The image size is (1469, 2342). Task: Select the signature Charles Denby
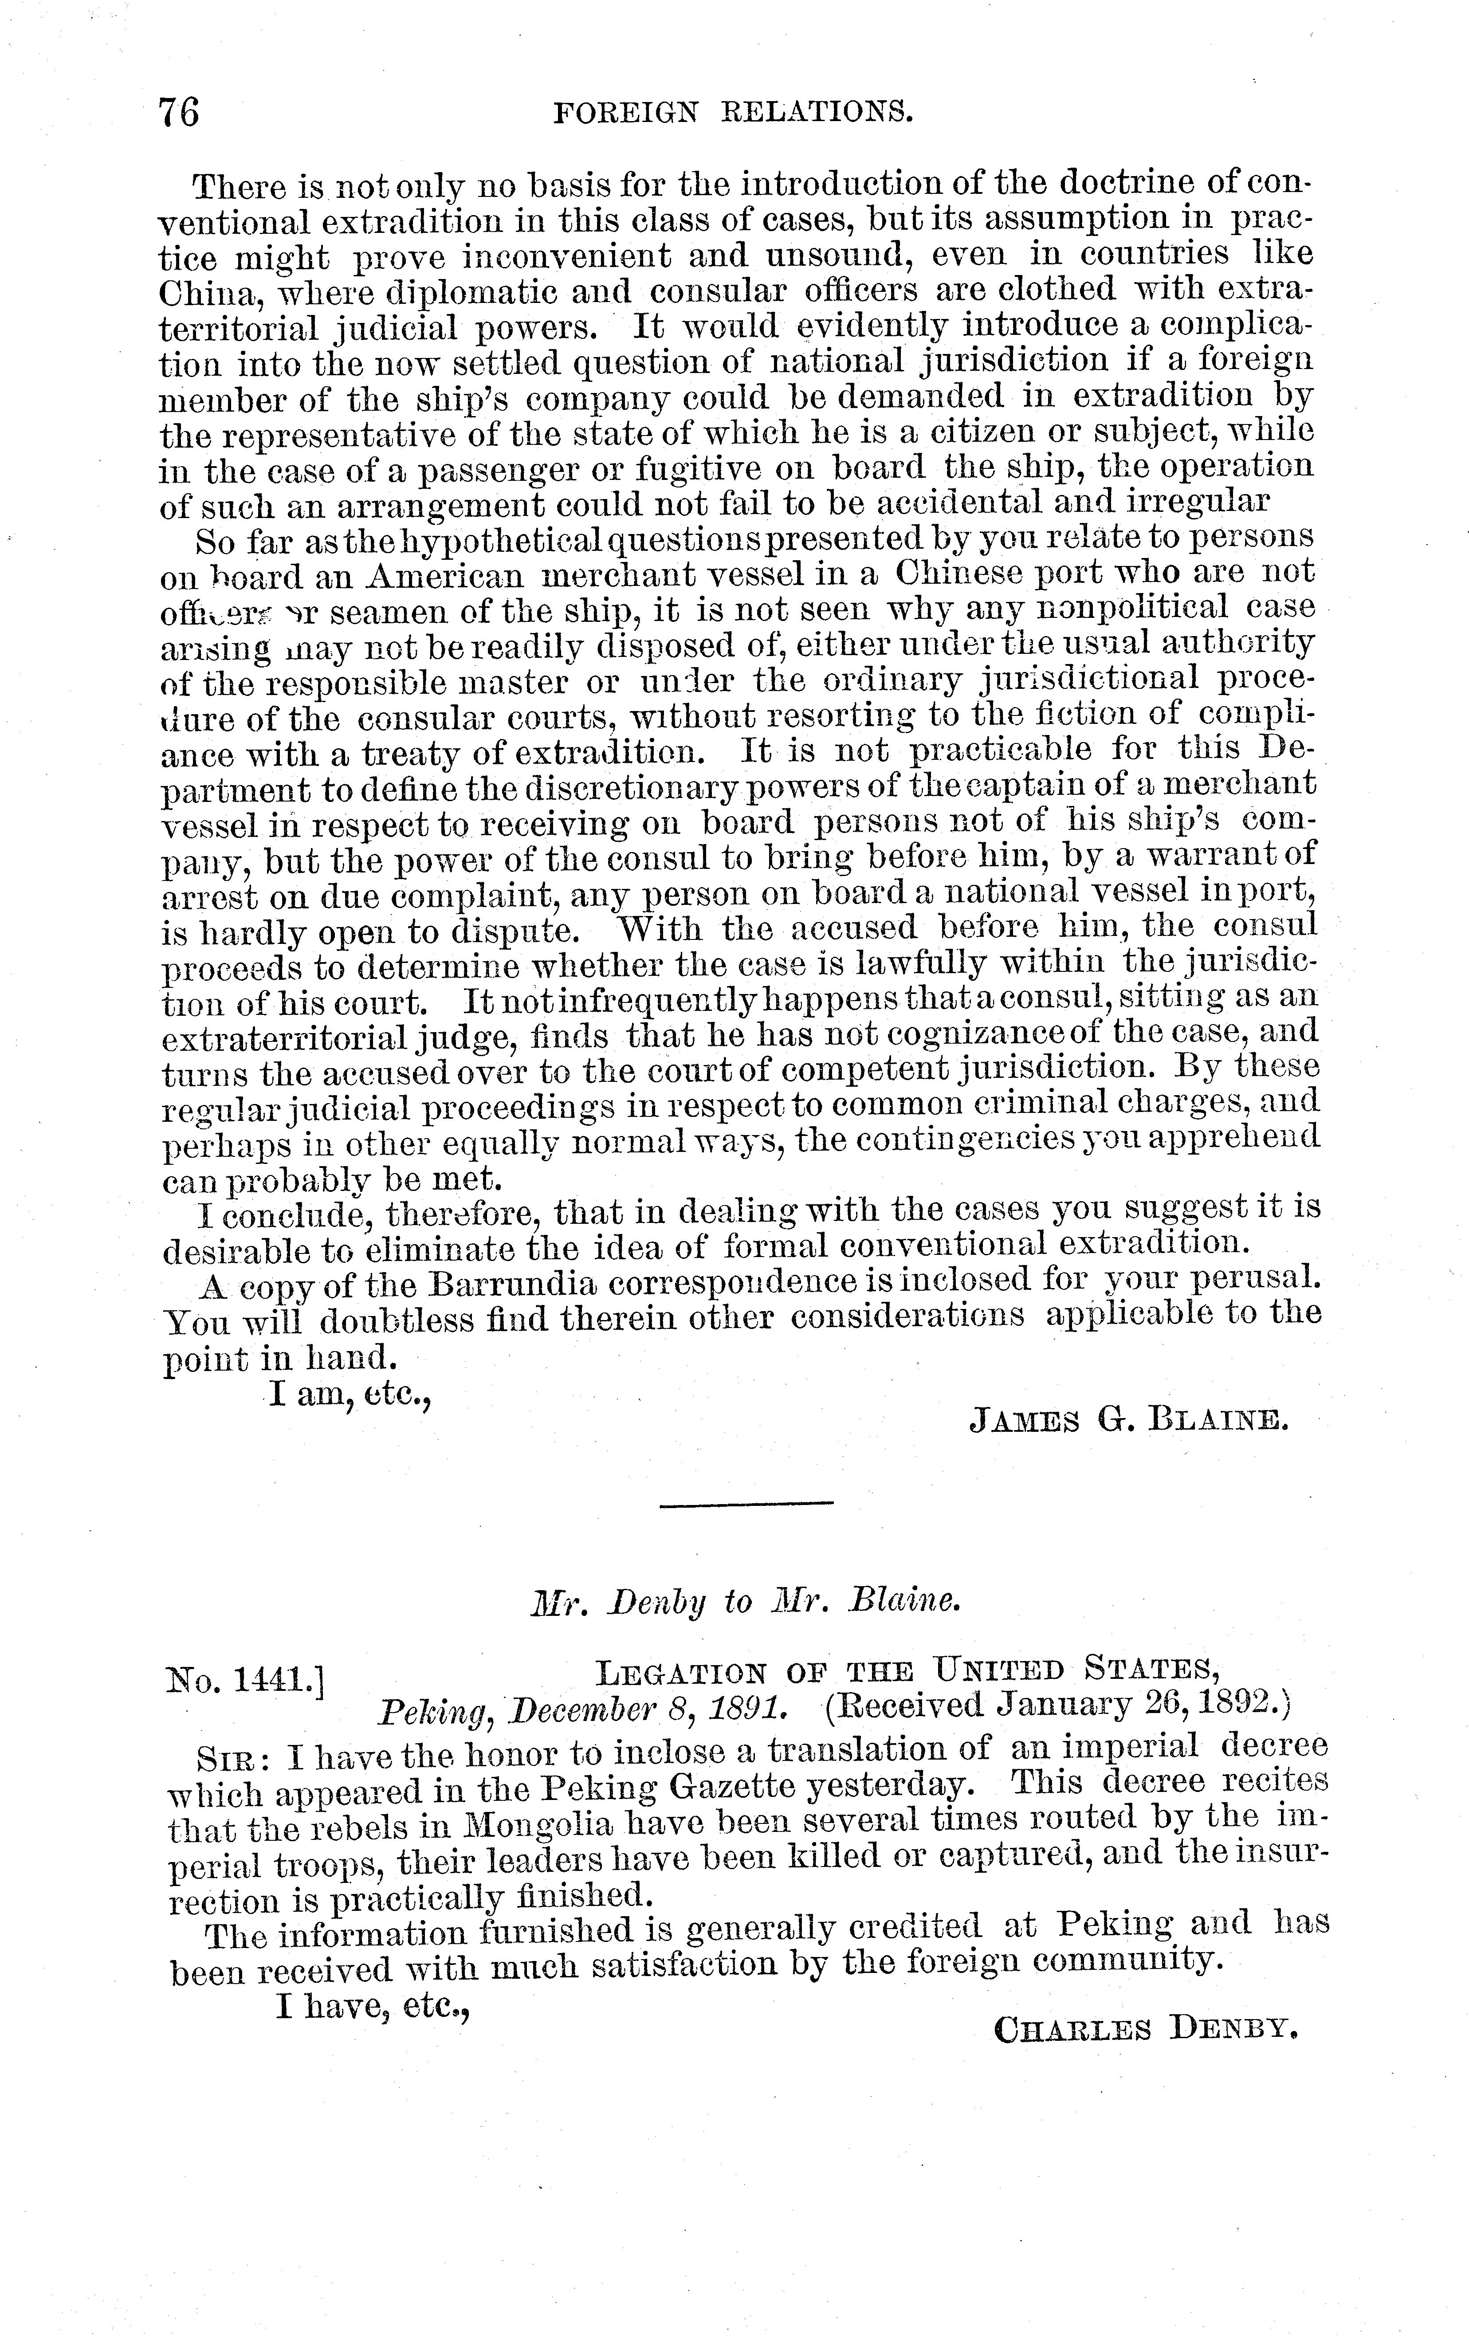click(1147, 2029)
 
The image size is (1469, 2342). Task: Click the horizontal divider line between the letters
click(746, 1505)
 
